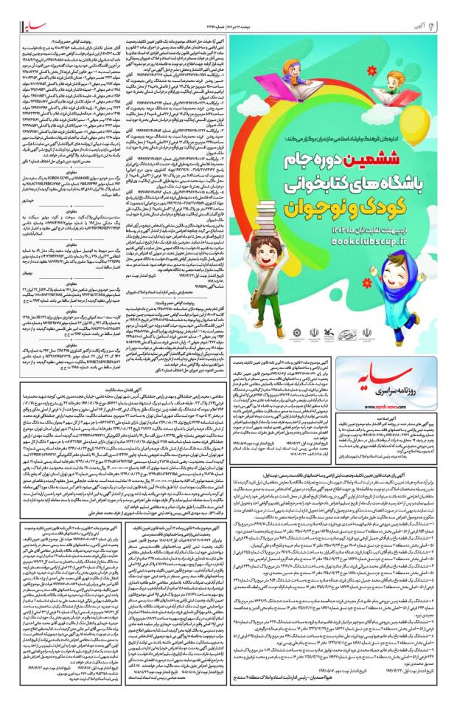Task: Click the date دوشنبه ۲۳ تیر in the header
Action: (x=369, y=10)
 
